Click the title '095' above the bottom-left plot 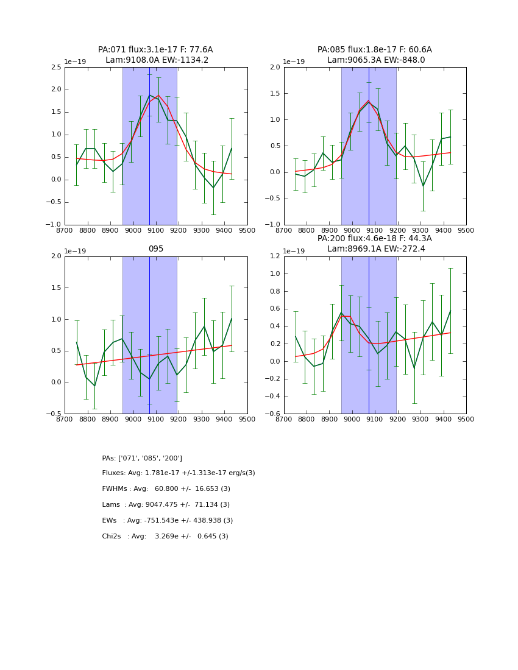156,249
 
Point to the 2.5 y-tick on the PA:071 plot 55,67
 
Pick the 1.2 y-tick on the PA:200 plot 274,256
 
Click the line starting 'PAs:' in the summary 142,458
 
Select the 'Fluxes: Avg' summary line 179,473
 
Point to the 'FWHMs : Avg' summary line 166,489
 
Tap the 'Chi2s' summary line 165,537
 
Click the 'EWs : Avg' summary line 168,521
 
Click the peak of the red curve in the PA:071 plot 158,96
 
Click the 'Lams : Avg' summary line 166,505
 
